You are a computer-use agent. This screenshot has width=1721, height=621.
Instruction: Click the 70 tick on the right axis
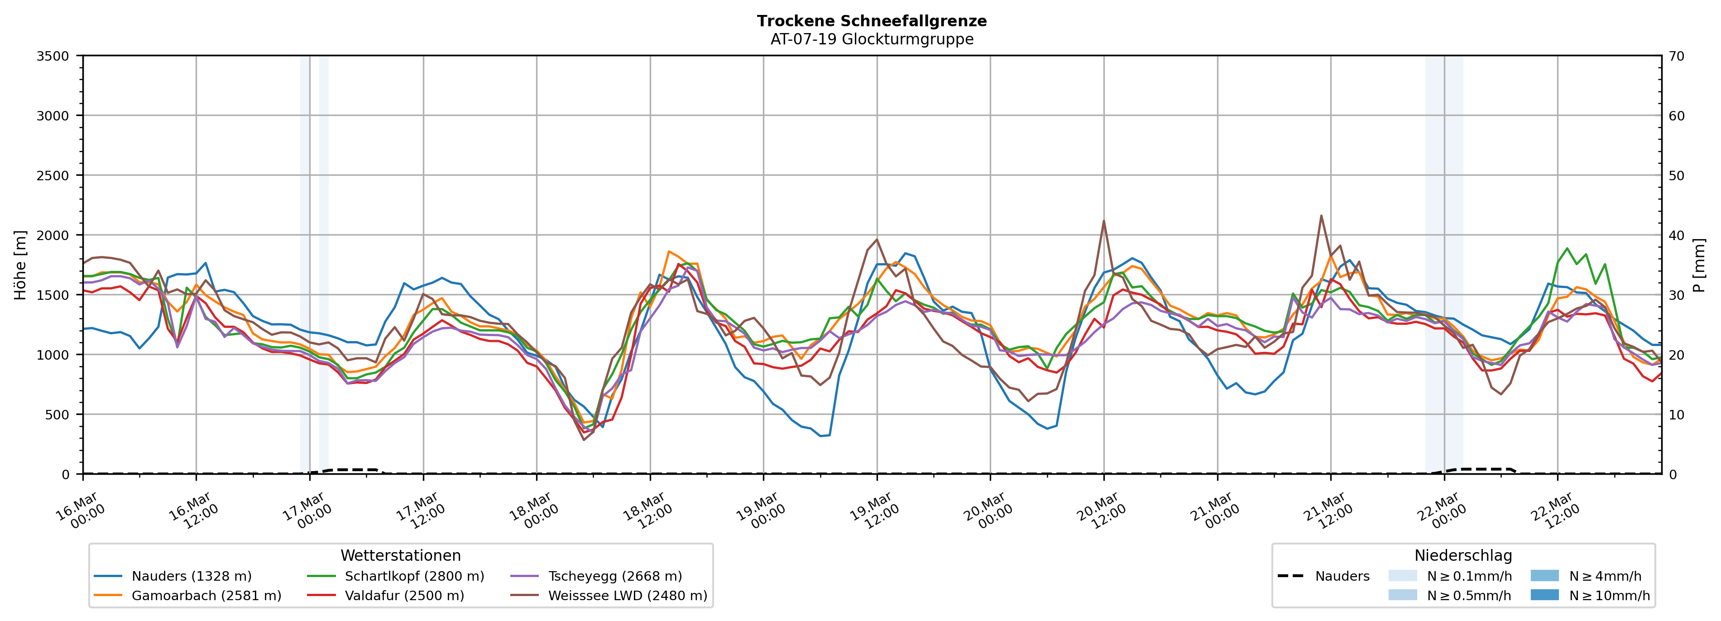pyautogui.click(x=1676, y=56)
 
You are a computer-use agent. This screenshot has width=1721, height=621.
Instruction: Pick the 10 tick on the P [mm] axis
pyautogui.click(x=1676, y=414)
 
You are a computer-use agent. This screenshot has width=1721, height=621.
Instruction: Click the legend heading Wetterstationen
pyautogui.click(x=400, y=555)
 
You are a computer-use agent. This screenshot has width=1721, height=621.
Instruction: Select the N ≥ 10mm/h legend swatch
pyautogui.click(x=1544, y=595)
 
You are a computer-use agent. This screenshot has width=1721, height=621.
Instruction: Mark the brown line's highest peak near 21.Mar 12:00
pyautogui.click(x=1321, y=215)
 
